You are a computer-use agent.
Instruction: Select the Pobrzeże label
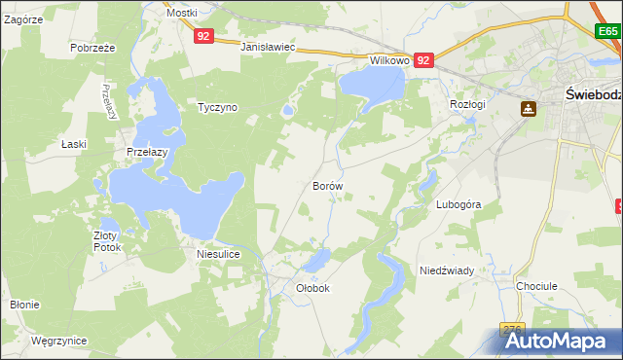click(x=93, y=47)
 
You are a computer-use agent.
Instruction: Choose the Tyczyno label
click(x=217, y=107)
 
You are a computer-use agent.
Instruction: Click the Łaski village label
click(x=74, y=144)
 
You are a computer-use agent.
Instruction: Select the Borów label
click(x=327, y=184)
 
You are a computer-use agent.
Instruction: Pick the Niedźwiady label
click(x=446, y=270)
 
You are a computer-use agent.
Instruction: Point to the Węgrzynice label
click(x=58, y=341)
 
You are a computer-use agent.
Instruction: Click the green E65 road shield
click(x=608, y=32)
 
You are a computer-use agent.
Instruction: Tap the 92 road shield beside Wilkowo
click(x=422, y=60)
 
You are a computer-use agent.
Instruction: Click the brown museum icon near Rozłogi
click(x=529, y=109)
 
